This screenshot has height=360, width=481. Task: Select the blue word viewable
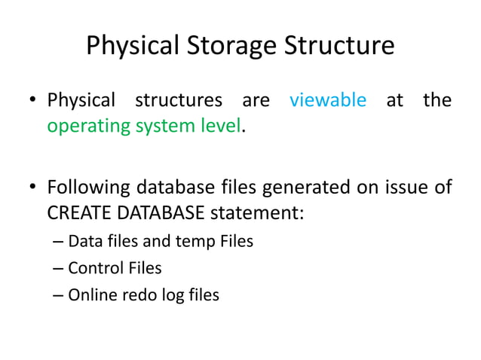[x=328, y=100]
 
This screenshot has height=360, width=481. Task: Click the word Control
[x=93, y=268]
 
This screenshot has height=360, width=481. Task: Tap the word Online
[x=90, y=294]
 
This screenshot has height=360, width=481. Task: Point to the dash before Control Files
[x=59, y=268]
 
